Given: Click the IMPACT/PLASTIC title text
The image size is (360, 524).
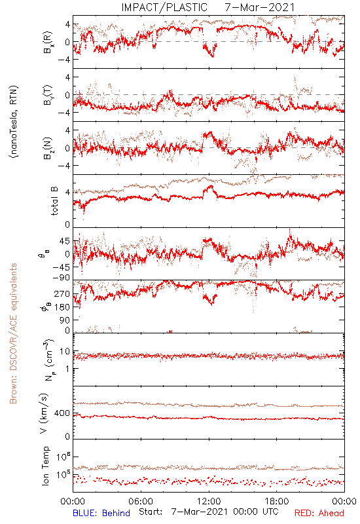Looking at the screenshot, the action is (164, 7).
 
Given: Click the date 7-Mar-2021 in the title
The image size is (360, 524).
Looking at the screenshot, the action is (260, 7).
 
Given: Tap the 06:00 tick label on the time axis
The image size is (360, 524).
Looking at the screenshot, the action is (141, 501).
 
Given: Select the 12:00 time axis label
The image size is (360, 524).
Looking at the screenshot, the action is (209, 501).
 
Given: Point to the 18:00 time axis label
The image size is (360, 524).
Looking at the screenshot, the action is (277, 501).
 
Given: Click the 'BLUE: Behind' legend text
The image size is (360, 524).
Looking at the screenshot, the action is (101, 513).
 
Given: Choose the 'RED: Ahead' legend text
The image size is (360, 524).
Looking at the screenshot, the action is (319, 513).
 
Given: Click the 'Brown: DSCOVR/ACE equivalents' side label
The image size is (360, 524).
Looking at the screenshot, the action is (13, 333).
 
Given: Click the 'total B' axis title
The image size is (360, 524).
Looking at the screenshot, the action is (54, 201).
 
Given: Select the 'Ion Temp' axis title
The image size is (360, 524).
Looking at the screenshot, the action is (45, 466).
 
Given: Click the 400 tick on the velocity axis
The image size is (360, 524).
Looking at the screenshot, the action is (62, 413).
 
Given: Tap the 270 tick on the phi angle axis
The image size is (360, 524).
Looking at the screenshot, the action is (62, 294).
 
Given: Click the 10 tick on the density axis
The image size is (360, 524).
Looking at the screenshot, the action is (65, 352).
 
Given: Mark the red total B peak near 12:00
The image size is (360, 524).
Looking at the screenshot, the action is (211, 186).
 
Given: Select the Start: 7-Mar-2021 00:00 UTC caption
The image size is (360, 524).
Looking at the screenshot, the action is (208, 512).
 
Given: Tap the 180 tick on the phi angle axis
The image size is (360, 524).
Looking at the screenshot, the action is (62, 307).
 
